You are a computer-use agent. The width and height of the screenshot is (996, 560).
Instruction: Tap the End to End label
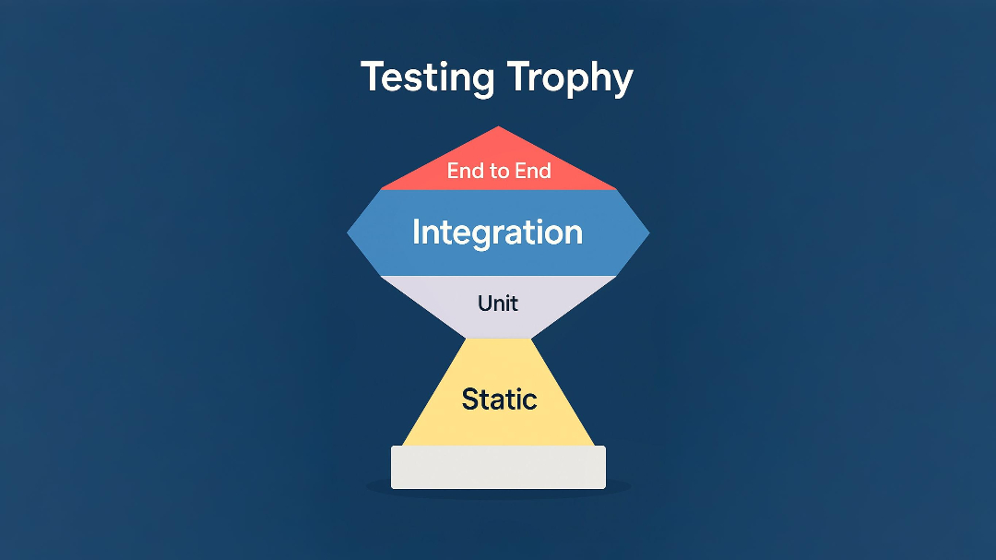point(499,171)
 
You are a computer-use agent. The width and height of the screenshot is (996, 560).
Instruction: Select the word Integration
point(497,232)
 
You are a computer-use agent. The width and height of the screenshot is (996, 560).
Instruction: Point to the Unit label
point(498,303)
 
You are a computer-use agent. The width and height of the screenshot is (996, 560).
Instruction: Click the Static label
point(499,399)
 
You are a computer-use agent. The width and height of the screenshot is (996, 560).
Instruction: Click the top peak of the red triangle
point(499,128)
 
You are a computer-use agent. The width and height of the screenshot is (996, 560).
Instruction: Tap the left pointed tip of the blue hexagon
point(350,233)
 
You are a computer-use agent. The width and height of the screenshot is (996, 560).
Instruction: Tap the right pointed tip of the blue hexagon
point(647,233)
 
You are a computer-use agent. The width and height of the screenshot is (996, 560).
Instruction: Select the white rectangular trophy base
point(498,467)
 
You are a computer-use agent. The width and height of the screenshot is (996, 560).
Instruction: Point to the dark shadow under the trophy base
point(498,492)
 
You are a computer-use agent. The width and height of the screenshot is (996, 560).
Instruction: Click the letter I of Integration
point(416,231)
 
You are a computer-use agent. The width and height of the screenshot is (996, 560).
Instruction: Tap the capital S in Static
point(469,399)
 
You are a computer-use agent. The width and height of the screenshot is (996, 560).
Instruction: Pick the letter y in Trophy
point(622,82)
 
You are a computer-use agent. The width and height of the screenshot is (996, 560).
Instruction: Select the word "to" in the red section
point(499,171)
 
